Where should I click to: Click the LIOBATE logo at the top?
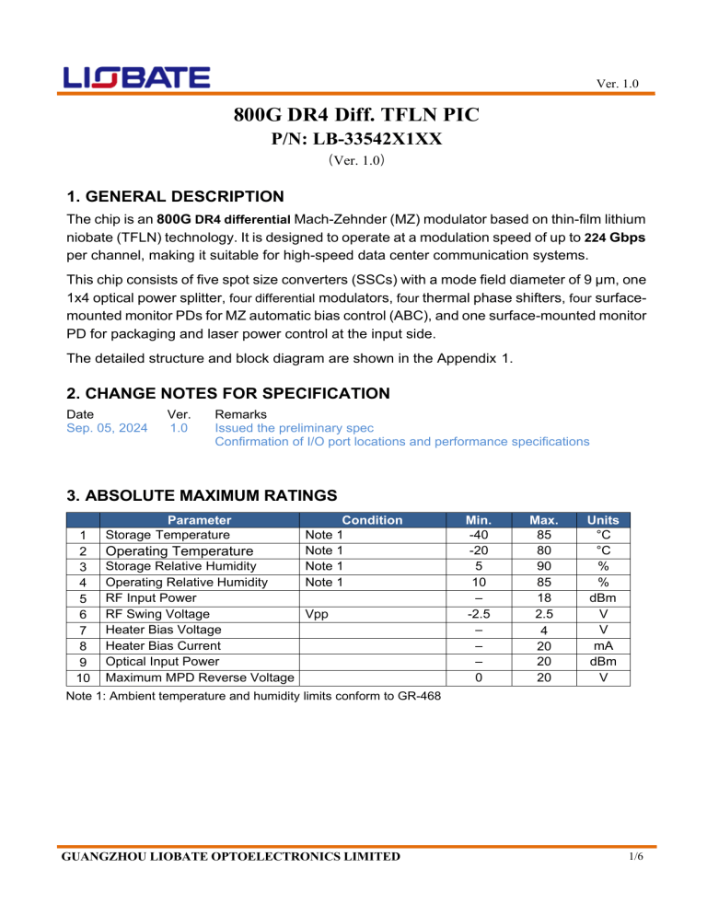click(x=137, y=77)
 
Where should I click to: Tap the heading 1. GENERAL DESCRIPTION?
click(x=176, y=196)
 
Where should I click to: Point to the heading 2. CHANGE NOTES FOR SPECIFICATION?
click(x=229, y=393)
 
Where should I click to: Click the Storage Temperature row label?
click(x=168, y=534)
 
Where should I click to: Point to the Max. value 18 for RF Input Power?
click(x=548, y=597)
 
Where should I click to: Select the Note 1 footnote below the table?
click(x=254, y=695)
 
